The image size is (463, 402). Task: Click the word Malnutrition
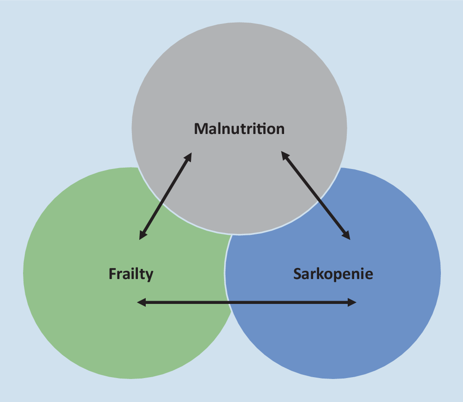pyautogui.click(x=239, y=128)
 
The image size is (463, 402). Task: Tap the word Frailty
pyautogui.click(x=131, y=274)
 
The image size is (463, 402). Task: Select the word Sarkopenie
pyautogui.click(x=333, y=274)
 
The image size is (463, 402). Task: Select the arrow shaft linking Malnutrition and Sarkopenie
pyautogui.click(x=316, y=196)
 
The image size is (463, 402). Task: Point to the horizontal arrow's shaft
pyautogui.click(x=247, y=303)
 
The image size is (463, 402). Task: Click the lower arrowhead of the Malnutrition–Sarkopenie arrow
pyautogui.click(x=346, y=235)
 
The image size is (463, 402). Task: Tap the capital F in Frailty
pyautogui.click(x=112, y=274)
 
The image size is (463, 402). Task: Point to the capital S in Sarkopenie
pyautogui.click(x=297, y=274)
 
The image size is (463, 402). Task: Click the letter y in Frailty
pyautogui.click(x=149, y=276)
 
